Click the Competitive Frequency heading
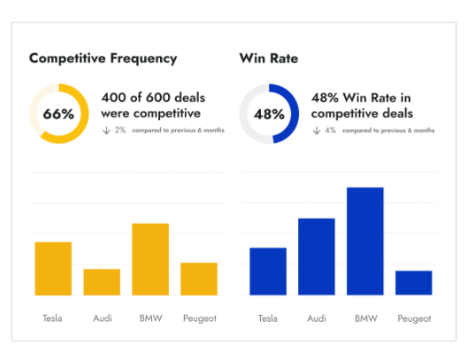coord(103,58)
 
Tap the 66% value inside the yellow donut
coord(58,114)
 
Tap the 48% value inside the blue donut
coord(269,114)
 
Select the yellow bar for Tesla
coord(53,268)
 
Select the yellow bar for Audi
coord(102,282)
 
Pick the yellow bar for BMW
coord(150,259)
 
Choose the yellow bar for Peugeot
coord(199,279)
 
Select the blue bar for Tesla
coord(268,272)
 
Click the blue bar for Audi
coord(317,257)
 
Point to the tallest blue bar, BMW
coord(365,241)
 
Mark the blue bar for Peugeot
coord(414,283)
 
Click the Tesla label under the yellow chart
coord(53,318)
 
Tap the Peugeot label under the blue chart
coord(414,318)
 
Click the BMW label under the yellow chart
coord(150,318)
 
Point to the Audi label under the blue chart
coord(317,318)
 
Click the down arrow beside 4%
coord(317,131)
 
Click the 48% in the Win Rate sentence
coord(325,97)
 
